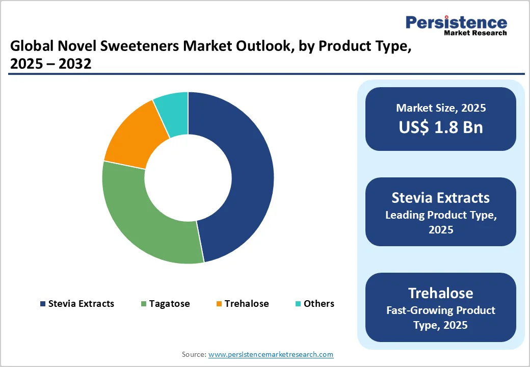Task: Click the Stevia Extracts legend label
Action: tap(81, 304)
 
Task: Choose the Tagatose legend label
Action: tap(169, 304)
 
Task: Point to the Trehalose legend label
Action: tap(246, 304)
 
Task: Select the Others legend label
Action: tap(319, 304)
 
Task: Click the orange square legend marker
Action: tap(219, 304)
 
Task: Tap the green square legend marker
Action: tap(144, 304)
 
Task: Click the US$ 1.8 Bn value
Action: tap(441, 127)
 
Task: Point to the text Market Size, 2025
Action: tap(441, 108)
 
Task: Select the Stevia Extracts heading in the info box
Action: tap(441, 198)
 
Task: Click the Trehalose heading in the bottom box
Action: tap(441, 293)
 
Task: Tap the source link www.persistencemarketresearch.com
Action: tap(271, 354)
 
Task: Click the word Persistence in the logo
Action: tap(456, 22)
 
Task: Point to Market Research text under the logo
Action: tap(475, 33)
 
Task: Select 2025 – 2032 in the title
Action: tap(50, 64)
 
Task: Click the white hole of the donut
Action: tap(188, 178)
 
